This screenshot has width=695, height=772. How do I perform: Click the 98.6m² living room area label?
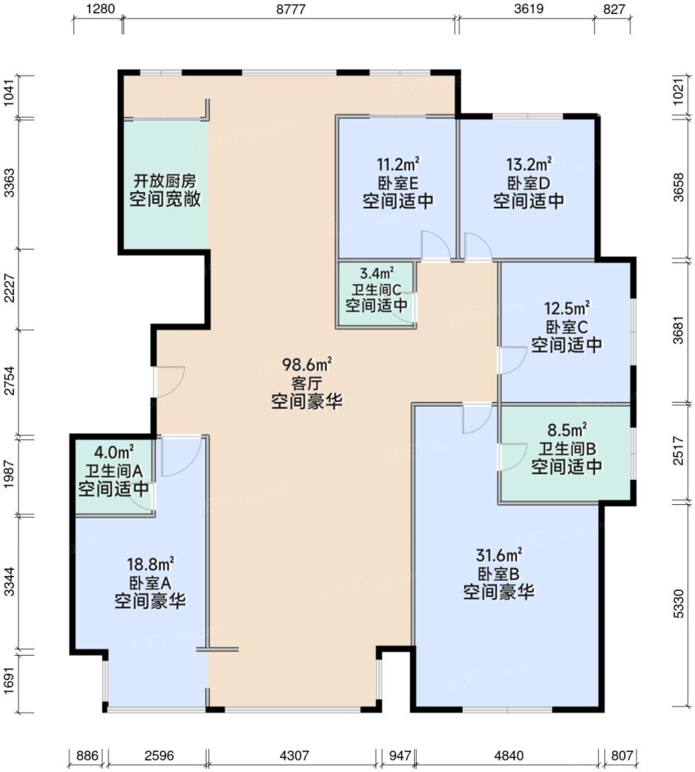click(x=307, y=365)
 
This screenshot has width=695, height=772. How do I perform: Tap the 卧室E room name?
click(x=398, y=183)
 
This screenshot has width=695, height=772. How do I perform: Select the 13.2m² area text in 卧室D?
click(x=529, y=164)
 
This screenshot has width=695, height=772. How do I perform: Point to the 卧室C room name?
click(x=566, y=326)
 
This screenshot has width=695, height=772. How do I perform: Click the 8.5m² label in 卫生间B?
click(x=566, y=430)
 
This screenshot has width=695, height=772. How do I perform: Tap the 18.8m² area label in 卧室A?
click(x=150, y=564)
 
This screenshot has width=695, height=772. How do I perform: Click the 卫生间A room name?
click(x=113, y=471)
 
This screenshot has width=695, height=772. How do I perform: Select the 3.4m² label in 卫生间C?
click(x=376, y=273)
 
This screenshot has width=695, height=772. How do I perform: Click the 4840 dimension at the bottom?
click(x=509, y=756)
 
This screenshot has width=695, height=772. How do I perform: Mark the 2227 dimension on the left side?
click(x=9, y=290)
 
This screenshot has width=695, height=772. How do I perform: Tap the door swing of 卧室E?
click(x=434, y=246)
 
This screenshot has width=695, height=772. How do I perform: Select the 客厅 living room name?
click(x=307, y=383)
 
